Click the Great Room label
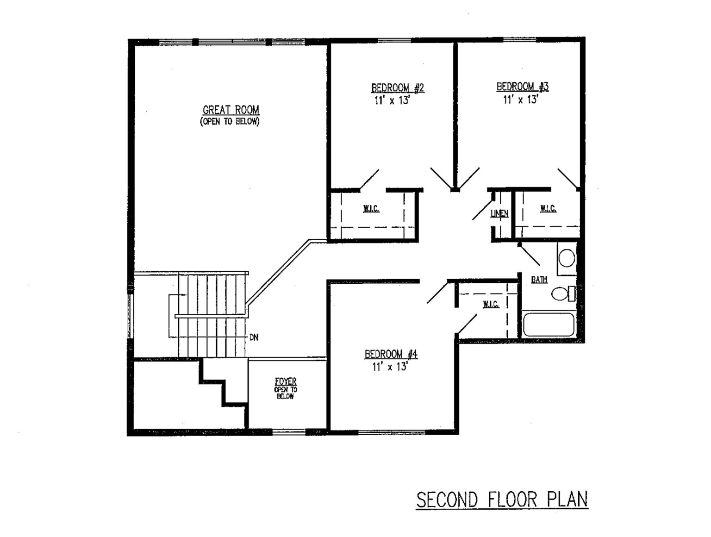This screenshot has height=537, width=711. (x=231, y=110)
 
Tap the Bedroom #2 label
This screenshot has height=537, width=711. (x=398, y=88)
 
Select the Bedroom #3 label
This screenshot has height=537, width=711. (x=523, y=87)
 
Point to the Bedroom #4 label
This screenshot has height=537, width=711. (x=391, y=354)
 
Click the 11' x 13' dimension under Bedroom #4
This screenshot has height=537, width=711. (x=390, y=367)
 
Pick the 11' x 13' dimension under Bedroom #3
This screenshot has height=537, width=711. (x=521, y=99)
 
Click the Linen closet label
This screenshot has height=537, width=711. (x=499, y=213)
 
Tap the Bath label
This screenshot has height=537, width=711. (x=539, y=280)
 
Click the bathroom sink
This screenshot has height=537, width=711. (x=567, y=258)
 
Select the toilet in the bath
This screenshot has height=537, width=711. (x=563, y=294)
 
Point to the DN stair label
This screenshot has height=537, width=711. (x=254, y=337)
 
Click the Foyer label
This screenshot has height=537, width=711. (x=285, y=381)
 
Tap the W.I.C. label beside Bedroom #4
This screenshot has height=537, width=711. (x=491, y=304)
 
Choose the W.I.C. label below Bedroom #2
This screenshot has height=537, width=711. (x=371, y=209)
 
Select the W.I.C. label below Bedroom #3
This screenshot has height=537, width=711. (x=548, y=209)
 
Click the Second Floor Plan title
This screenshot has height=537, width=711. (x=502, y=500)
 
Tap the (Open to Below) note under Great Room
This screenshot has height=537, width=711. (x=230, y=122)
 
